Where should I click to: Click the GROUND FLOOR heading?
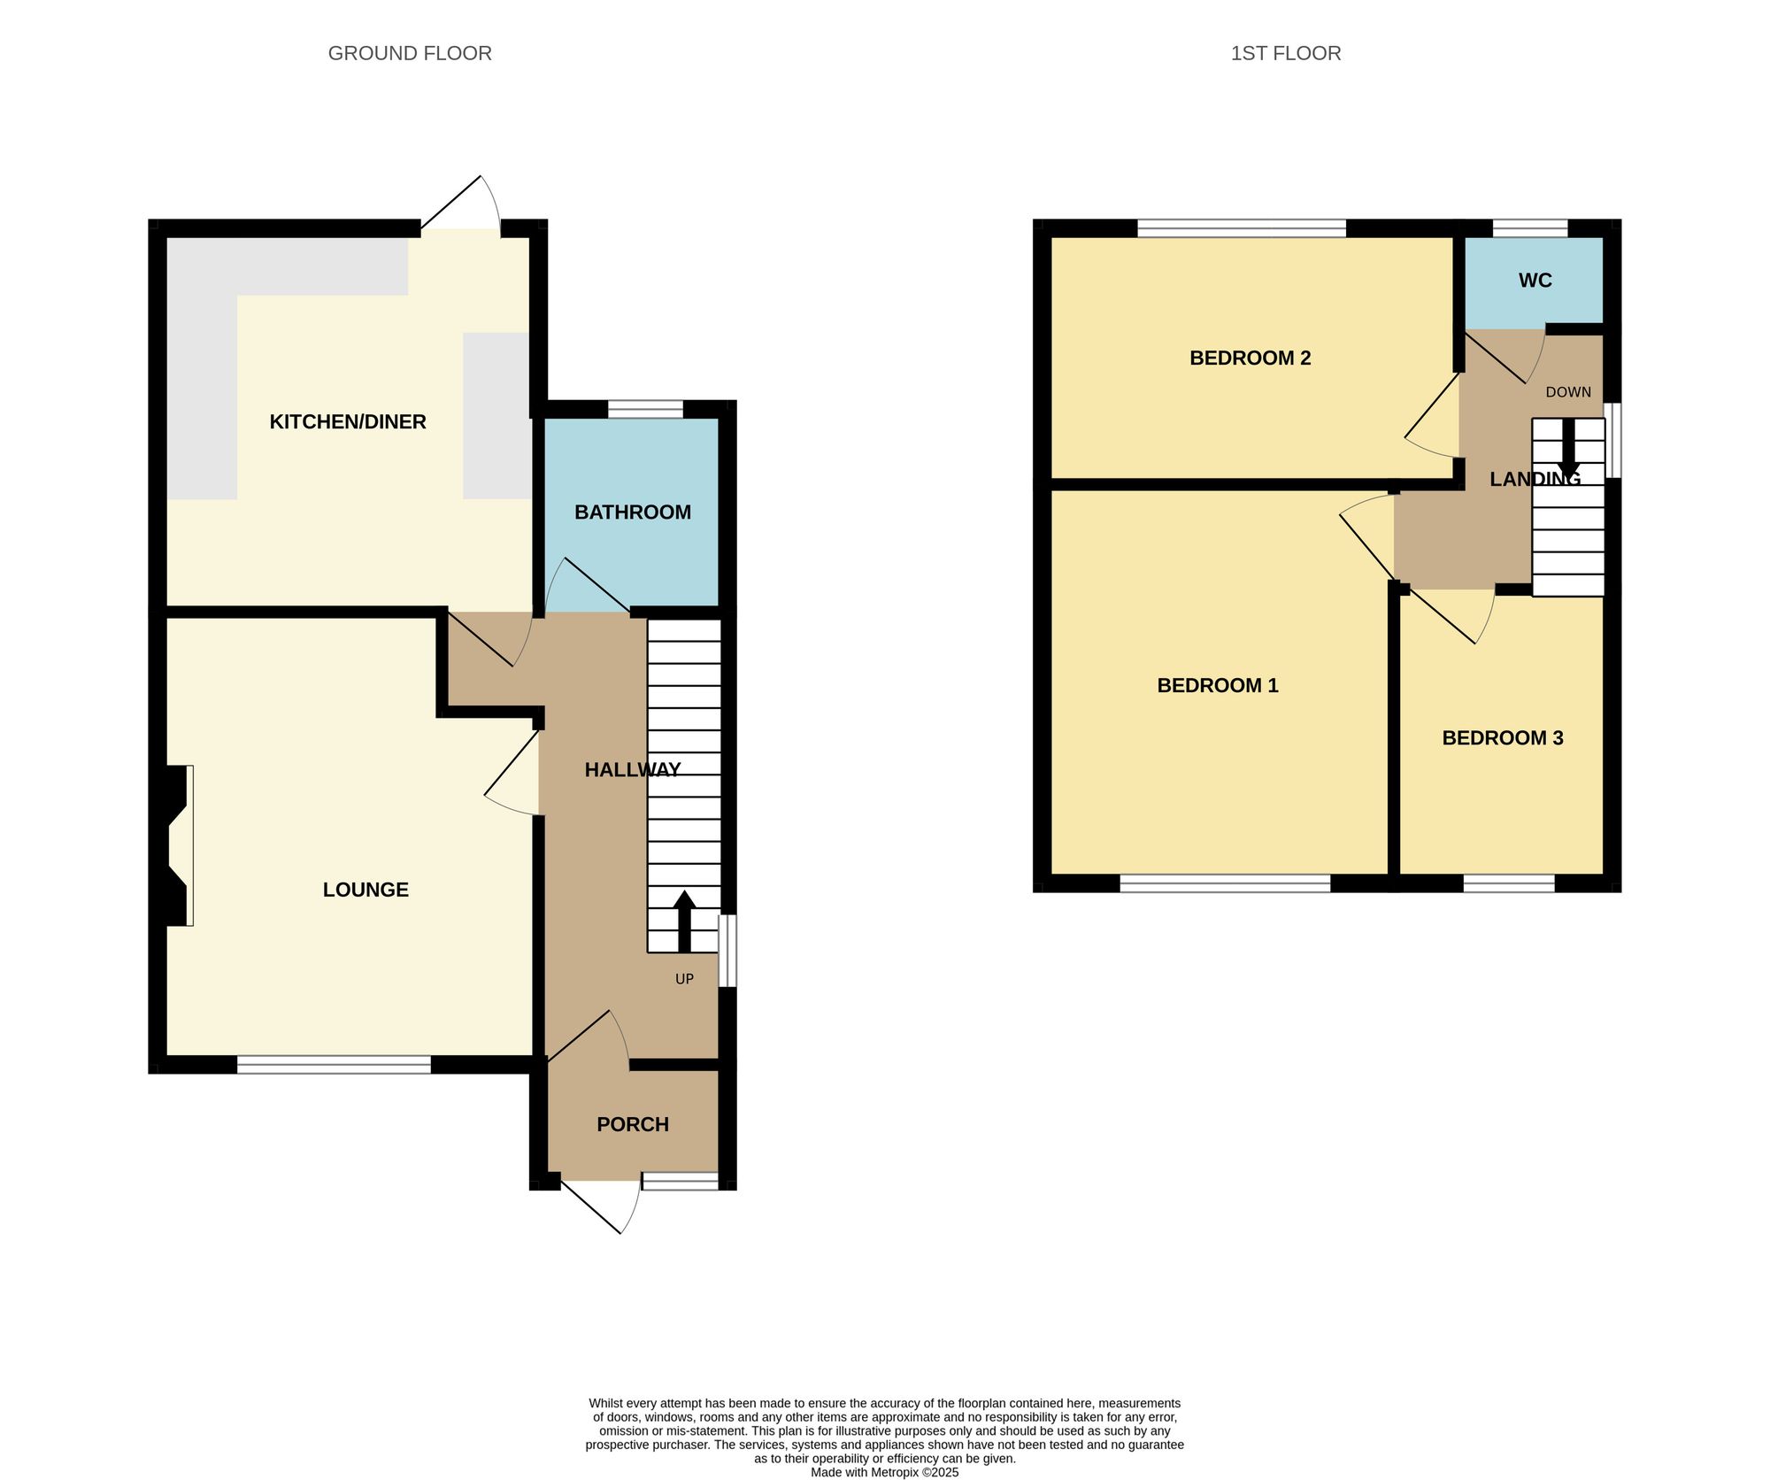point(410,53)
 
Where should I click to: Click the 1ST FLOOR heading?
point(1285,53)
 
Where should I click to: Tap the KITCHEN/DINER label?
point(348,421)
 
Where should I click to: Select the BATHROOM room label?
point(632,512)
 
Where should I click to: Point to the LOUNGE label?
point(366,890)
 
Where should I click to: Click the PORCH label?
point(632,1124)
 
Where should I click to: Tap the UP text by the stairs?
point(684,979)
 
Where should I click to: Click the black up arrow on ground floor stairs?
point(684,921)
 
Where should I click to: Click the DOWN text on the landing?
point(1568,392)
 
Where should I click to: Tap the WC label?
point(1535,281)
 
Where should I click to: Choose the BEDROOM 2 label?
point(1250,358)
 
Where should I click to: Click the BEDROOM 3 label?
point(1502,737)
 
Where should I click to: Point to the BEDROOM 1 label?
point(1217,685)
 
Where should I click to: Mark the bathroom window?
point(645,409)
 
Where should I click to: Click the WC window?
point(1530,228)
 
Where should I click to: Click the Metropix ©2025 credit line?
point(884,1473)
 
